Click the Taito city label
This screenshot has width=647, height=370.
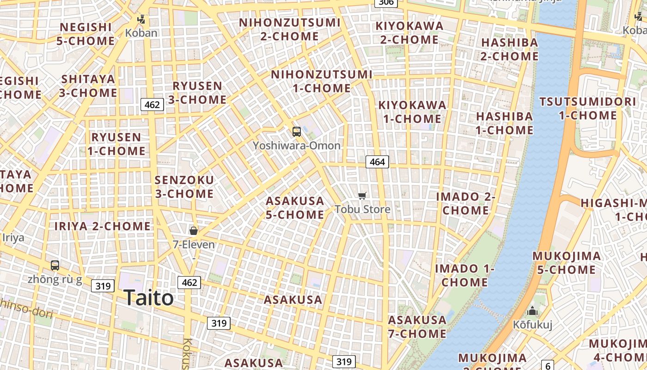point(149,297)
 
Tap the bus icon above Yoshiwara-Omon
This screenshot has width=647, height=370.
point(297,132)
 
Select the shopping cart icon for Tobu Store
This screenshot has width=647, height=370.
point(362,196)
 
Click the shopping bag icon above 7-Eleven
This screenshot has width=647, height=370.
point(194,230)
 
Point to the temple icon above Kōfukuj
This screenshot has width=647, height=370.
point(532,311)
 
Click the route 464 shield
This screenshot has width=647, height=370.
point(377,162)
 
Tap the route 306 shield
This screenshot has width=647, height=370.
point(385,3)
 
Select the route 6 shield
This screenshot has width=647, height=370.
point(547,365)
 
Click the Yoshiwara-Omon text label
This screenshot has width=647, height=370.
point(296,146)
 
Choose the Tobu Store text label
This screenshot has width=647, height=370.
point(362,209)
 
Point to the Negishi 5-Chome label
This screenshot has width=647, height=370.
point(85,34)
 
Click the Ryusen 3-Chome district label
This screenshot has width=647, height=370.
point(197,92)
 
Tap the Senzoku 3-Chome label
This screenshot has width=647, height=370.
point(184,186)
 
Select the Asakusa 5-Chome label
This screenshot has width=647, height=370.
point(295,208)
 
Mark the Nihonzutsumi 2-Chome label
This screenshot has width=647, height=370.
point(290,29)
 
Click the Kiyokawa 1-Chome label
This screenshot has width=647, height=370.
point(412,111)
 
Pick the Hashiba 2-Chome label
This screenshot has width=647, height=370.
point(510,49)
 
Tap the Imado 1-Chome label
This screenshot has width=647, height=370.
point(464,275)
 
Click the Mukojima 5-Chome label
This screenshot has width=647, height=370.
point(567,262)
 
